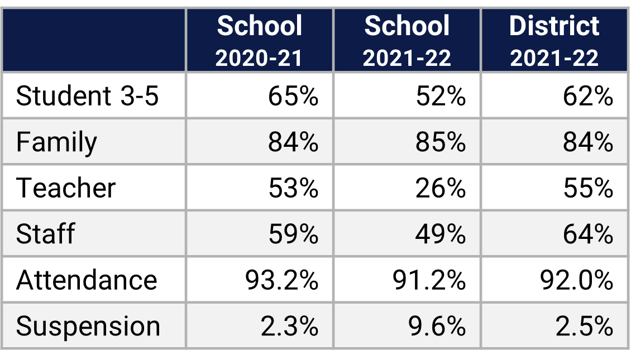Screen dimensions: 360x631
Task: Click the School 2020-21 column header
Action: click(x=259, y=41)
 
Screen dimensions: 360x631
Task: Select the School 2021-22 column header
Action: click(x=407, y=41)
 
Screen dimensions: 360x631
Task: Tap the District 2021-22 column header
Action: click(x=554, y=41)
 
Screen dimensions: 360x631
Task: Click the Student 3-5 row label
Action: click(x=88, y=96)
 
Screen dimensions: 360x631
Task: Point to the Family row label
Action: click(x=56, y=142)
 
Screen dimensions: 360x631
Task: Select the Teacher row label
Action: click(x=66, y=188)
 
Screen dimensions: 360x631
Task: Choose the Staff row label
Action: click(x=45, y=233)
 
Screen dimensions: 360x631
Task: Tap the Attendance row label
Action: click(x=87, y=279)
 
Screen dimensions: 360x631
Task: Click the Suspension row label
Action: click(x=88, y=326)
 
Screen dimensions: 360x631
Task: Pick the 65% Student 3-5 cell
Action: click(x=293, y=96)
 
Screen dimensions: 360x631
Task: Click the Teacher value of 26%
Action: click(x=441, y=188)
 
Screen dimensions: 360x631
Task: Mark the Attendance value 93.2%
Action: click(x=281, y=279)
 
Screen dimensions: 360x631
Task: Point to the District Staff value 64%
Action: click(x=588, y=233)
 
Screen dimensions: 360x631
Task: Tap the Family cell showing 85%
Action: click(x=441, y=142)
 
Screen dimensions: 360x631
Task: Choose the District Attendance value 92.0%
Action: click(x=576, y=279)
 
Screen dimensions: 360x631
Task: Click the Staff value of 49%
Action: click(x=441, y=233)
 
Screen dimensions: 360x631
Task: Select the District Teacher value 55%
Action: click(x=588, y=188)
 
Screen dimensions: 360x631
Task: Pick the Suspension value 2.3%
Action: click(x=289, y=326)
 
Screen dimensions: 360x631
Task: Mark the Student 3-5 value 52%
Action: click(x=441, y=96)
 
